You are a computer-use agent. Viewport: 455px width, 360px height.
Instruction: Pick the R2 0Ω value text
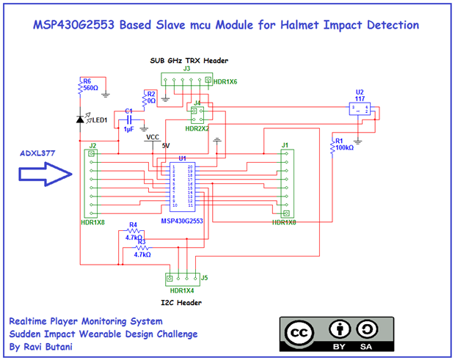click(x=151, y=100)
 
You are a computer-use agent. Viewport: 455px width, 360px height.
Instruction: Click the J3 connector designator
click(x=187, y=67)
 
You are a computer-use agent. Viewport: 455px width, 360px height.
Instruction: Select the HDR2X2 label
click(x=197, y=128)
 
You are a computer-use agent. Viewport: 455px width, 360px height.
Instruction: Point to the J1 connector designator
click(x=285, y=145)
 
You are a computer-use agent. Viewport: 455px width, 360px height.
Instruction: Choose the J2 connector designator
click(x=92, y=145)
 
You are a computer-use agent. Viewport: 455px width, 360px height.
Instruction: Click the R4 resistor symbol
click(x=134, y=231)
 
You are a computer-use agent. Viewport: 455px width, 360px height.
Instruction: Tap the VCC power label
click(x=153, y=137)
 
